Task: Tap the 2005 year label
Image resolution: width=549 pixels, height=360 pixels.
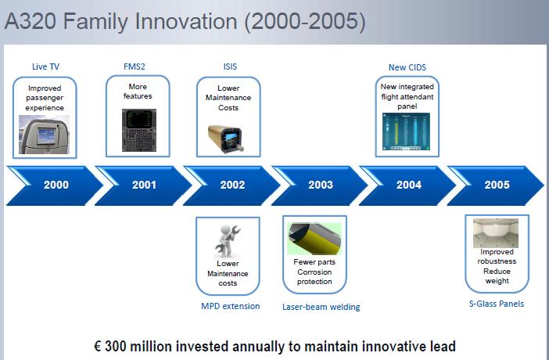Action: tap(497, 185)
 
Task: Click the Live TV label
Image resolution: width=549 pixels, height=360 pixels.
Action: tap(45, 67)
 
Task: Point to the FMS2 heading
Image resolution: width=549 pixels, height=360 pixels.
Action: tap(134, 67)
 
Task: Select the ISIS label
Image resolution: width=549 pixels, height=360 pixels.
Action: tap(230, 67)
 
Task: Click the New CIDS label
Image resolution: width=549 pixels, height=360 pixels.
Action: tap(407, 67)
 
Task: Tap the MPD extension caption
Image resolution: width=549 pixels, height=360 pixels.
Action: tap(231, 306)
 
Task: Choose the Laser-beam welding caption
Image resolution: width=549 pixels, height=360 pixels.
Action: tap(321, 307)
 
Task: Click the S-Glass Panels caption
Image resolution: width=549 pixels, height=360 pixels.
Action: tap(497, 304)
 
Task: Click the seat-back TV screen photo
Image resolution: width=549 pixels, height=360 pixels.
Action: tap(44, 135)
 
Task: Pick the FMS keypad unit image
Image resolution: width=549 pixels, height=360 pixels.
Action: tap(139, 130)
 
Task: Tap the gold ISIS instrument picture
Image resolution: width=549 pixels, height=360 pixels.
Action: tap(226, 139)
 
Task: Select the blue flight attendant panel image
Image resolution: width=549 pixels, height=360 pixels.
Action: tap(406, 131)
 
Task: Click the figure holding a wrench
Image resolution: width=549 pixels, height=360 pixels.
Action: tap(228, 242)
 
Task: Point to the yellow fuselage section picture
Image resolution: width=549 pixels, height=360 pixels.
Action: tap(314, 239)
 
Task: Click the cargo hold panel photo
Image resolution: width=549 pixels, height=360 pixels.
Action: tap(496, 233)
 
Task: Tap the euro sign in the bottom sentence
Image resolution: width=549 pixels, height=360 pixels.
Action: tap(98, 347)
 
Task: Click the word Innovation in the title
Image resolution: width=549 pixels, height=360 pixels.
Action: tap(186, 21)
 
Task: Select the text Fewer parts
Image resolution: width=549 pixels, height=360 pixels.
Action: tap(314, 262)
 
